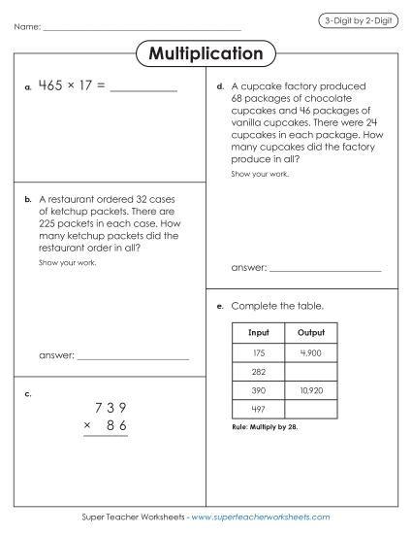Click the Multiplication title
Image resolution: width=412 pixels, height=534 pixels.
[206, 53]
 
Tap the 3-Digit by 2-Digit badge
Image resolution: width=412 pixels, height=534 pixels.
[358, 21]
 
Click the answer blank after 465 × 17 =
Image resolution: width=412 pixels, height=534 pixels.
[144, 89]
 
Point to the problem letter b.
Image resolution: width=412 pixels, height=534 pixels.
[28, 199]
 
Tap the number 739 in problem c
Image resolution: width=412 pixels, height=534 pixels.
[110, 408]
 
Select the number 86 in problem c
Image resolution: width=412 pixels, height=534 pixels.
[116, 426]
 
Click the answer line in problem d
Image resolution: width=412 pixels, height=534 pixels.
[325, 268]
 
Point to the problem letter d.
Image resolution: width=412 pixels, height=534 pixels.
[221, 87]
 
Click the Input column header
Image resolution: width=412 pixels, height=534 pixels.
[258, 332]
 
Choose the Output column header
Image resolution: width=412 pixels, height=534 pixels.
[310, 332]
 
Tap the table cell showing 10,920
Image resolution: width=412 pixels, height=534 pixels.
[310, 390]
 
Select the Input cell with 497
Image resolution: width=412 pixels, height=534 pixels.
[258, 409]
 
